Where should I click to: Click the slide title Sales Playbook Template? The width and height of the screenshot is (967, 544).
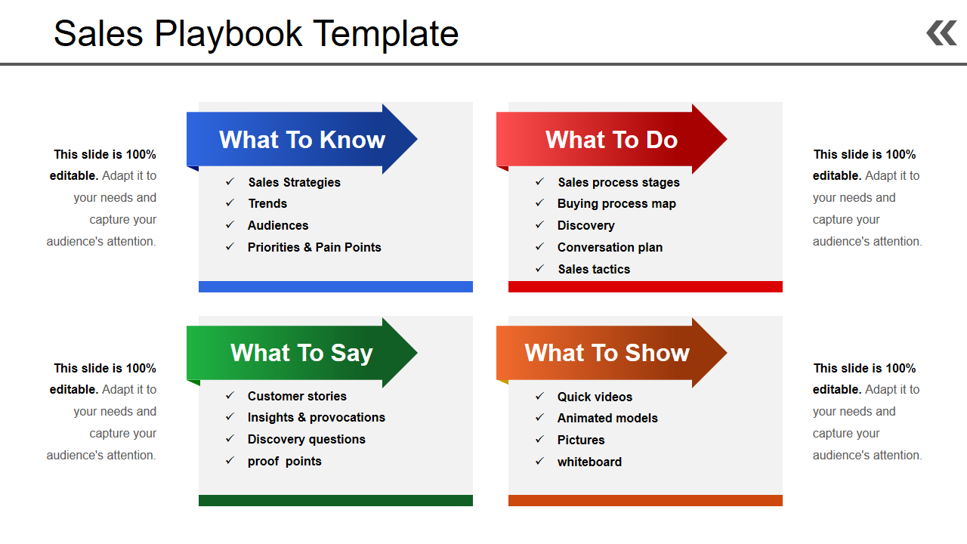256,35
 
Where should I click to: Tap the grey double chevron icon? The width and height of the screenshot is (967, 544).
941,33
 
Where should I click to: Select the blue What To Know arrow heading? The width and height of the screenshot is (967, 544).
301,139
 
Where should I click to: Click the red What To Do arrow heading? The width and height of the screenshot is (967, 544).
611,139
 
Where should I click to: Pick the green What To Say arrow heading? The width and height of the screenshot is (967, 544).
301,353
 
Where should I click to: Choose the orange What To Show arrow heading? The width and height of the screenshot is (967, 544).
611,353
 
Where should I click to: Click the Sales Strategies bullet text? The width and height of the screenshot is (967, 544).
295,183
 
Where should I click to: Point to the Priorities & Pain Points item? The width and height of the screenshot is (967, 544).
314,247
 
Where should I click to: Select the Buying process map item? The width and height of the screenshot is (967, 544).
616,204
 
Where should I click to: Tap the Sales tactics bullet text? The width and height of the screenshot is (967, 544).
594,270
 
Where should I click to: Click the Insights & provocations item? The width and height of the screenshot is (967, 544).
317,418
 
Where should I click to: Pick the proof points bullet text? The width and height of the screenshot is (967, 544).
285,462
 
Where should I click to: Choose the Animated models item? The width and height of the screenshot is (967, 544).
607,419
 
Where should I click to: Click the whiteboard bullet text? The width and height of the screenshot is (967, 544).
589,462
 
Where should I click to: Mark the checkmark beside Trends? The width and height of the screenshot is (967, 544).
230,202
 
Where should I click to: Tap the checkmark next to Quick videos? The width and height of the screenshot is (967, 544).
539,396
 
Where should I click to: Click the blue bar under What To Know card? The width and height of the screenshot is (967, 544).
335,286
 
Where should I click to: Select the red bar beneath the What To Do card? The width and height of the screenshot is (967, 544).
645,286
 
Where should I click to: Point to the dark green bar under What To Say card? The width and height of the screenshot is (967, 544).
335,500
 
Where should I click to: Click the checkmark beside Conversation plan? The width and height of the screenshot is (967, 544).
539,246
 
